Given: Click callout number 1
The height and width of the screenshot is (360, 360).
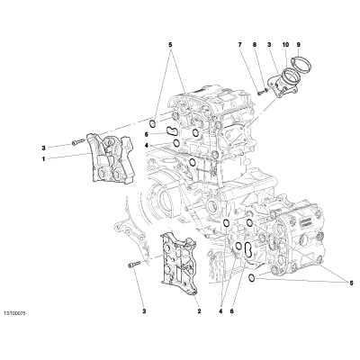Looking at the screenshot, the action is click(x=43, y=159).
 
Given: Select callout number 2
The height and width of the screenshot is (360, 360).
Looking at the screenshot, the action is click(x=199, y=311).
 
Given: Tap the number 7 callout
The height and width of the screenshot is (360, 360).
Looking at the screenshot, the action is click(x=239, y=45).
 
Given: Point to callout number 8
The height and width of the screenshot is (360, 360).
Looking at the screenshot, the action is click(x=255, y=45).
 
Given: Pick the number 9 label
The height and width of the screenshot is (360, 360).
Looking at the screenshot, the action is click(x=298, y=45).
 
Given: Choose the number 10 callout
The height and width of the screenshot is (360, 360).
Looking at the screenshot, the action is click(x=285, y=45).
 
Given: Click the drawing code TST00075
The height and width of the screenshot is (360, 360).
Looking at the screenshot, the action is click(x=15, y=313).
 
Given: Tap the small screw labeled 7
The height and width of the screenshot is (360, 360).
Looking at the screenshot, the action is click(x=260, y=93).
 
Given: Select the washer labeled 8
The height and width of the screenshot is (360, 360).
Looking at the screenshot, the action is click(x=265, y=89).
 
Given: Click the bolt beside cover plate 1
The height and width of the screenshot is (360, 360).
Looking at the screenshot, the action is click(x=76, y=142).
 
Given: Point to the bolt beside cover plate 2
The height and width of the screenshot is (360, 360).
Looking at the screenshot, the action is click(x=134, y=265).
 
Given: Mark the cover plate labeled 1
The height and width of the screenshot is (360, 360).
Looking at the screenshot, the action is click(x=111, y=158).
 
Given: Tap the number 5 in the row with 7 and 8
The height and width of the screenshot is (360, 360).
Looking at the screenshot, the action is click(x=170, y=45).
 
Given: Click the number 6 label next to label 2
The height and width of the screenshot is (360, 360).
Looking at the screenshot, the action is click(x=231, y=311).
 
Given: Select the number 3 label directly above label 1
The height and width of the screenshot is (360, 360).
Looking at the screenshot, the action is click(x=43, y=148).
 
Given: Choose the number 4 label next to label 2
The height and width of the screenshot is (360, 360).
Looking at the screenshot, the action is click(x=220, y=311).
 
